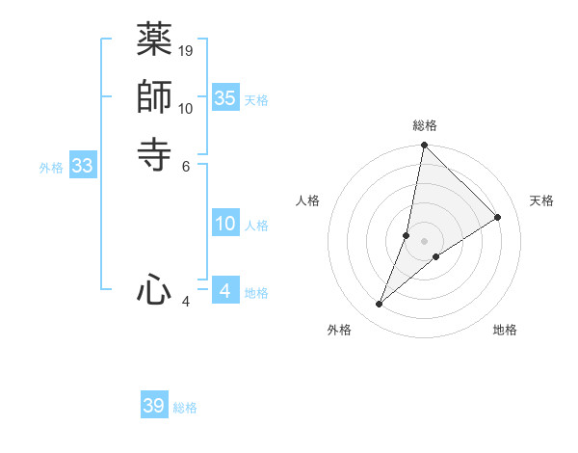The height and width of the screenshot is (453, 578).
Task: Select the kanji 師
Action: (154, 96)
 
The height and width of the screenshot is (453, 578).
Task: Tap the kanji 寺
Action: (154, 153)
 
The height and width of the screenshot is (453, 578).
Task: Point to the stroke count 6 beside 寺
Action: (186, 165)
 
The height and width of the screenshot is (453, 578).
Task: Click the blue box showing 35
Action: (225, 98)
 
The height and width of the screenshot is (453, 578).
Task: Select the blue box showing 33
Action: (83, 167)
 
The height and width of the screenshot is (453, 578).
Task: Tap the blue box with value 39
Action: (154, 406)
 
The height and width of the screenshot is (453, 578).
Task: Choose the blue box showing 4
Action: (225, 290)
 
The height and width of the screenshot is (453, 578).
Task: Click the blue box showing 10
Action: (225, 225)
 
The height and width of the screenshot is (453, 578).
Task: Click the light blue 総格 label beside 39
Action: (185, 408)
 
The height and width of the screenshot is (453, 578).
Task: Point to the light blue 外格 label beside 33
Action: (51, 168)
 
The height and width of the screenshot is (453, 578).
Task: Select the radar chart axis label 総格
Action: (424, 125)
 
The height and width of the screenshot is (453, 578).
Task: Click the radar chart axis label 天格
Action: (541, 200)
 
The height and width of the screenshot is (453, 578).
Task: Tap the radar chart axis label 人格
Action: (307, 200)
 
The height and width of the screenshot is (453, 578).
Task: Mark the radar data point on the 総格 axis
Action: (424, 146)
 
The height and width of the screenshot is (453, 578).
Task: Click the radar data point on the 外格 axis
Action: (380, 305)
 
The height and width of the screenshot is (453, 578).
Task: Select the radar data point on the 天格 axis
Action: (498, 217)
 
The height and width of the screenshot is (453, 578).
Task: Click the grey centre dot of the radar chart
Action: (424, 241)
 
